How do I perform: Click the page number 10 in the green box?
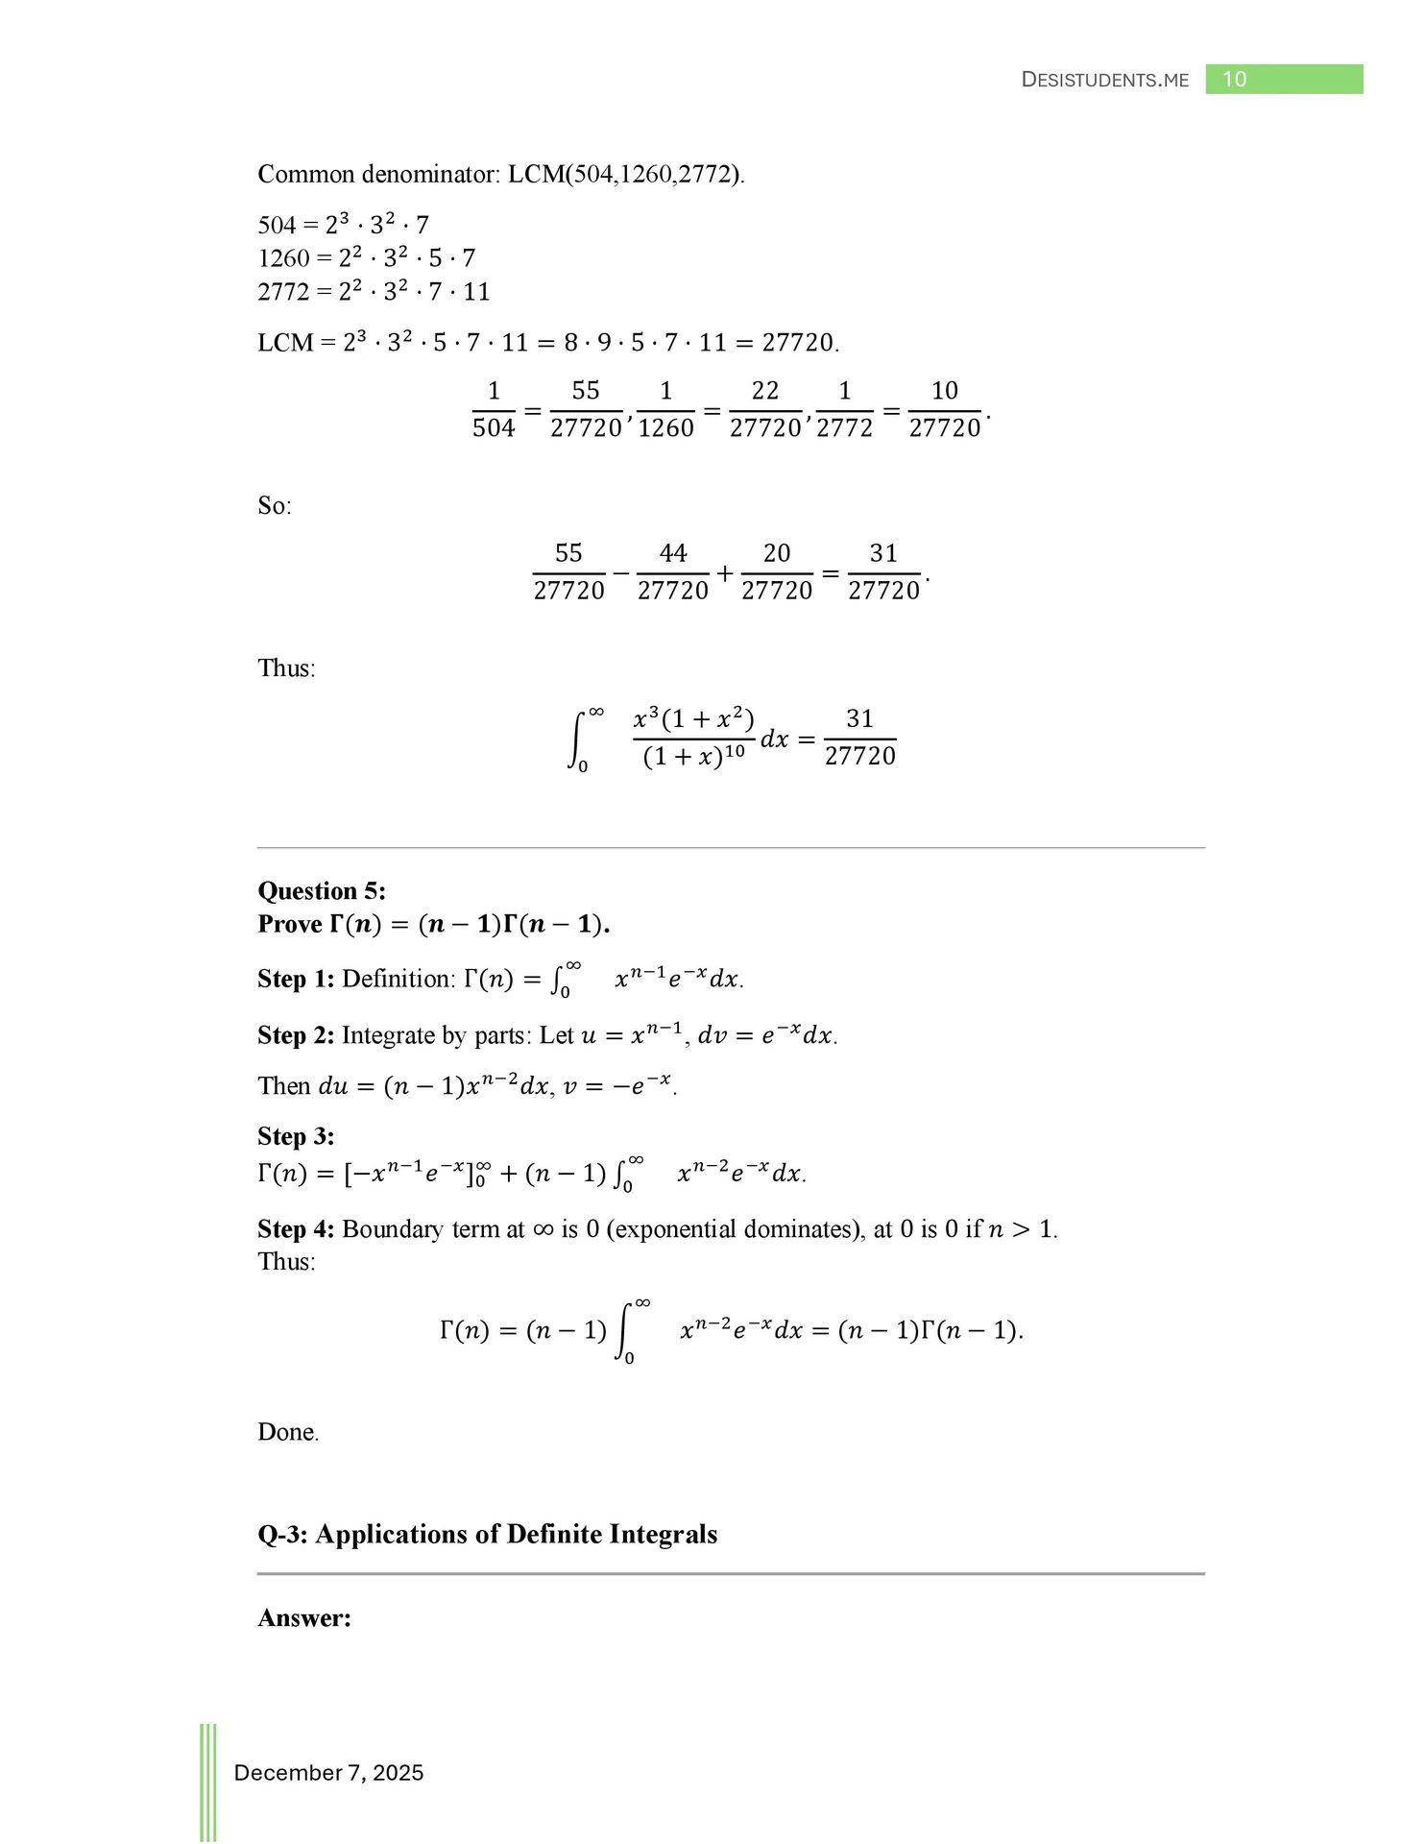[x=1234, y=80]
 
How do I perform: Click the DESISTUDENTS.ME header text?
[x=1104, y=81]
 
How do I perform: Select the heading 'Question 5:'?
[x=322, y=890]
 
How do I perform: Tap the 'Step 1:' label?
[x=296, y=979]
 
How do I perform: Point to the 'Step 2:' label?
[x=296, y=1035]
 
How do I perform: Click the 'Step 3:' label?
[x=296, y=1136]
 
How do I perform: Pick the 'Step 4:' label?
[x=296, y=1229]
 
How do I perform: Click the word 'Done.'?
[x=288, y=1432]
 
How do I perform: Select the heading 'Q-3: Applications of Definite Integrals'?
[x=487, y=1534]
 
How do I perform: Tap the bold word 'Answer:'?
[x=304, y=1618]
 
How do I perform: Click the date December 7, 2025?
[x=328, y=1773]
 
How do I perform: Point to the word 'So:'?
[x=275, y=505]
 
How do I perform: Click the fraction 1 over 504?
[x=494, y=409]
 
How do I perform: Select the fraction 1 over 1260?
[x=665, y=409]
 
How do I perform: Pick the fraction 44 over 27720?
[x=672, y=571]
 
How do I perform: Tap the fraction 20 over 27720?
[x=776, y=571]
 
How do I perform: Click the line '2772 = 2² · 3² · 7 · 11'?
[x=374, y=291]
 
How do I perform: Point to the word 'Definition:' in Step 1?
[x=399, y=979]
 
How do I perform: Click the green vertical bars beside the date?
[x=208, y=1782]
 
